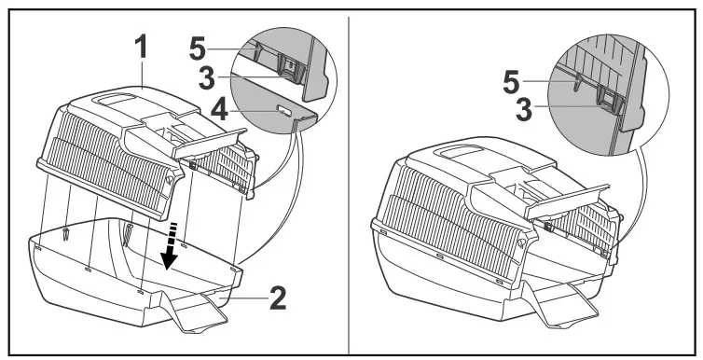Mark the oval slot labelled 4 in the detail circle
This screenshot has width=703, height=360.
click(x=283, y=111)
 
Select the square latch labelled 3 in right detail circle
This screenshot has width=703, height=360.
click(x=607, y=100)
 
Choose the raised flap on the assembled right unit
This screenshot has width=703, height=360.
click(x=569, y=197)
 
